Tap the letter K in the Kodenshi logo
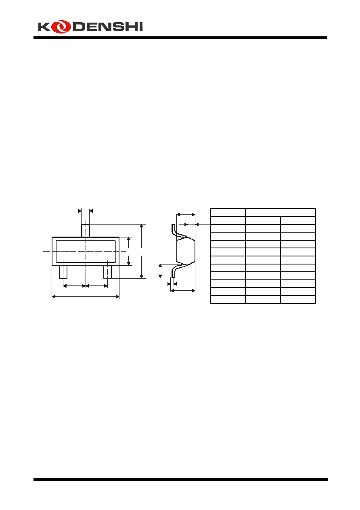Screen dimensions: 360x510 tap(44, 27)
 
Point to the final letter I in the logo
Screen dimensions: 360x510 tap(140, 27)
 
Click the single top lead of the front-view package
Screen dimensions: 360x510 tap(86, 231)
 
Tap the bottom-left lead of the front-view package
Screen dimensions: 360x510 tap(63, 272)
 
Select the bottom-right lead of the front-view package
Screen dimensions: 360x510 tap(107, 272)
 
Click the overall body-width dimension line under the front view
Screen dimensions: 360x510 tap(86, 296)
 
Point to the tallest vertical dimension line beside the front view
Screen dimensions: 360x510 tap(141, 251)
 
